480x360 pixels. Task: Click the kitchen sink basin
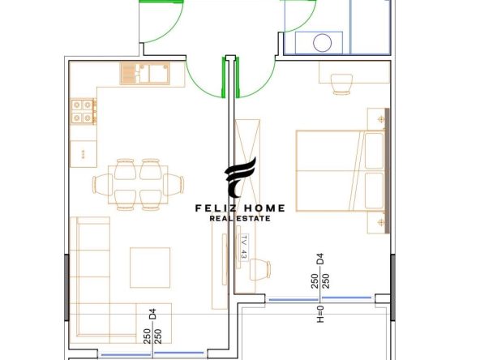(159, 74)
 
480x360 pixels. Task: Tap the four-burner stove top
(83, 111)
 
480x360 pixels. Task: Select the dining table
(138, 184)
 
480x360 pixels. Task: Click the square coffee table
(150, 268)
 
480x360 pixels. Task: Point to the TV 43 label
(244, 247)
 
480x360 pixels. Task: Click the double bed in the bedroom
(341, 171)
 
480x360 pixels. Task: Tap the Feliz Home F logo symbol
(241, 178)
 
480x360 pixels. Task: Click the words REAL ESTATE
(240, 219)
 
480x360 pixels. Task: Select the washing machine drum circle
(323, 42)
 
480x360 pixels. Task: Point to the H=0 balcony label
(320, 315)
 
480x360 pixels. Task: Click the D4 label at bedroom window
(320, 259)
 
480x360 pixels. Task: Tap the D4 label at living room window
(152, 315)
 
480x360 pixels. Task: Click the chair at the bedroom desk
(341, 84)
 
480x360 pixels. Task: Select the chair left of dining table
(102, 184)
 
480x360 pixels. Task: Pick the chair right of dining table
(174, 184)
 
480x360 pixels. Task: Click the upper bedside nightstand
(376, 119)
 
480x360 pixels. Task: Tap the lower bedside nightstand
(376, 222)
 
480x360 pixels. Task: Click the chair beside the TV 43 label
(260, 269)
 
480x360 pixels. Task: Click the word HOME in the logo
(264, 208)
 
